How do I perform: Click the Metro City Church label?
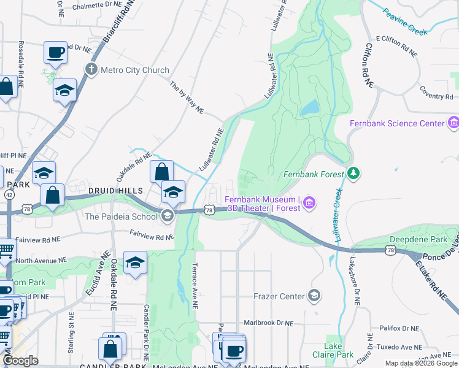(x=134, y=70)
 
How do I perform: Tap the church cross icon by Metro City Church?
(x=91, y=69)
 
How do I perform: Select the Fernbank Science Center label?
(x=396, y=123)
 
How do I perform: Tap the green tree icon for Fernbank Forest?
(x=353, y=174)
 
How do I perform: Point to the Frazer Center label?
(x=279, y=296)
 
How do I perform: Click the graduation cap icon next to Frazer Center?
(x=314, y=296)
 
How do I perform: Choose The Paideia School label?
(x=120, y=216)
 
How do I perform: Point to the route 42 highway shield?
(x=9, y=194)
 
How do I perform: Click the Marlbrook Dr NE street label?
(x=268, y=323)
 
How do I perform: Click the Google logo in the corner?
(x=20, y=361)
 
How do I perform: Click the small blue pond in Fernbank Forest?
(x=309, y=108)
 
